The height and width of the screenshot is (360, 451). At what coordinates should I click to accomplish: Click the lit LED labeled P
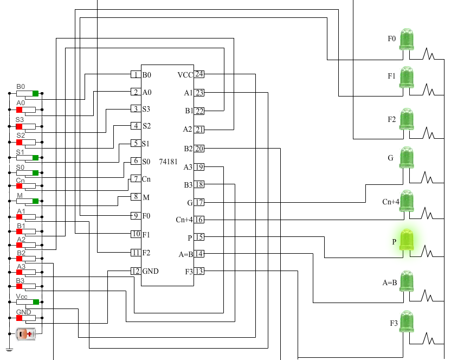point(407,241)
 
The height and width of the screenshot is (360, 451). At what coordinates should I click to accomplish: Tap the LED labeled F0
point(407,40)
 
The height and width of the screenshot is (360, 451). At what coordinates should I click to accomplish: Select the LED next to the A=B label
point(407,281)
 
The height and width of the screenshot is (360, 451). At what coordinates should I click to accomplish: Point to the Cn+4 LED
point(407,201)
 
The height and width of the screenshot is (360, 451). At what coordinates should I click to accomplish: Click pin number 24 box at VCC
point(199,74)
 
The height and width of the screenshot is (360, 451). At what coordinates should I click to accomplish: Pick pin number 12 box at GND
point(136,271)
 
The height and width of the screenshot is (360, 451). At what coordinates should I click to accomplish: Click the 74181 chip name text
point(169,162)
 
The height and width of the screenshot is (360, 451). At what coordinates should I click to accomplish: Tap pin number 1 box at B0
point(136,74)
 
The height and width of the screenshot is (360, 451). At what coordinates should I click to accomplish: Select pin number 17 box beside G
point(199,202)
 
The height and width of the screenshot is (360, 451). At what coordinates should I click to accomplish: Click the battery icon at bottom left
point(27,335)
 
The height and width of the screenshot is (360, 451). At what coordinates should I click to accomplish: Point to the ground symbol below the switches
point(9,350)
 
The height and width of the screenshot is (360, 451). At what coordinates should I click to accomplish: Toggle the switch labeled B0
point(26,94)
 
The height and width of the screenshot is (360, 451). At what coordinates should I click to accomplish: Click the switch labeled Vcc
point(26,302)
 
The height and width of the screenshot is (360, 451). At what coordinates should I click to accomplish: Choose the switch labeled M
point(26,202)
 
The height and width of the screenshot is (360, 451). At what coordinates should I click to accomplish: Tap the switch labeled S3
point(26,126)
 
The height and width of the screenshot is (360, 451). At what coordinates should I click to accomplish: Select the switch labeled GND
point(26,318)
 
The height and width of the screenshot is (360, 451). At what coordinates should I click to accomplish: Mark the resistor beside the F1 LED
point(431,88)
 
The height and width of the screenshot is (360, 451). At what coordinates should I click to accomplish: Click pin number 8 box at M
point(136,197)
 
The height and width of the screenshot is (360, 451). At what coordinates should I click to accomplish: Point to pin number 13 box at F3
point(199,271)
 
